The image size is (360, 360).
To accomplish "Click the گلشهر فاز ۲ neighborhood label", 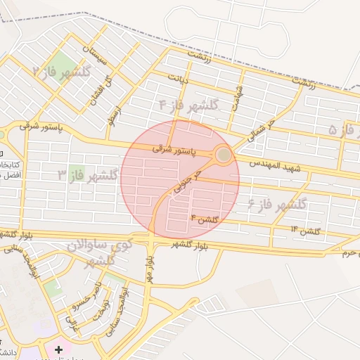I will click(x=63, y=72).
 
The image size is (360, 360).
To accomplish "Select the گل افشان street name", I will click(x=98, y=90).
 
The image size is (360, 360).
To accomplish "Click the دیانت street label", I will click(x=177, y=79).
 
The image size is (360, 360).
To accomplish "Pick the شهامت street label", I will click(x=240, y=92).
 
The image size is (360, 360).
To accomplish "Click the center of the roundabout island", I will click(x=224, y=155).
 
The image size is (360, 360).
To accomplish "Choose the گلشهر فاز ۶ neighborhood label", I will click(x=277, y=205).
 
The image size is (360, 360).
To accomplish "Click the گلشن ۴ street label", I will click(x=205, y=220).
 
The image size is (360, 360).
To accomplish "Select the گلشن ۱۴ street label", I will click(x=305, y=230).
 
